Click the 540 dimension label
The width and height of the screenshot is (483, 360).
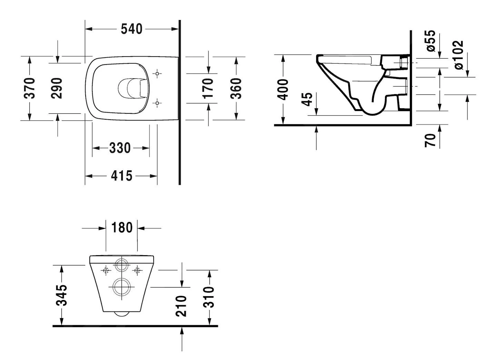[x=131, y=29]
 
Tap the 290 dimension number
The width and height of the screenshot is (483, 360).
[x=57, y=88]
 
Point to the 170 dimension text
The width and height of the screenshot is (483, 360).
[x=208, y=88]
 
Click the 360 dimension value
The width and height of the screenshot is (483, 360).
[x=236, y=88]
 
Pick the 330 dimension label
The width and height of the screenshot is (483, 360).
[x=120, y=148]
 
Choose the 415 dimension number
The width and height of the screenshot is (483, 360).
[x=121, y=176]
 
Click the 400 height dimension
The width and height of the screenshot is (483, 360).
[x=283, y=89]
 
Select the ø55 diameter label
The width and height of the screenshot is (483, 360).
[x=431, y=41]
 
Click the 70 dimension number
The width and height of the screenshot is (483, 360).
[x=430, y=140]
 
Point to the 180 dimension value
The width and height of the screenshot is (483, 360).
[x=122, y=228]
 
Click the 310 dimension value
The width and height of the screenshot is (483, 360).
[x=209, y=297]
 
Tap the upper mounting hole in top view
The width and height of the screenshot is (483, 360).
[x=157, y=73]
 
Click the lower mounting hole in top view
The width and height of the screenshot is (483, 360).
[x=157, y=103]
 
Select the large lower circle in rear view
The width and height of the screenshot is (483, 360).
[x=120, y=287]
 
